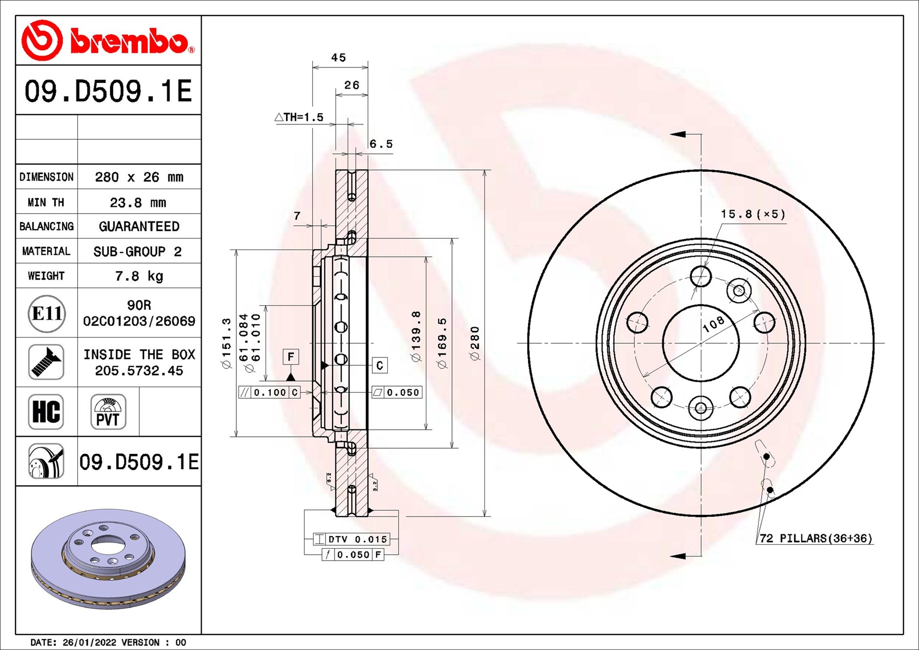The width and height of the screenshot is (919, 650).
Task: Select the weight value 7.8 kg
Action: point(139,276)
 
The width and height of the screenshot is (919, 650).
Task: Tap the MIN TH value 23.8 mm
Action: point(138,202)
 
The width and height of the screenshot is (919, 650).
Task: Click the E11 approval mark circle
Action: point(47,314)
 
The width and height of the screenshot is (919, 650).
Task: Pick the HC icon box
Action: point(46,412)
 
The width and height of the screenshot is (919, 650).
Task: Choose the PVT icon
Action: point(108,412)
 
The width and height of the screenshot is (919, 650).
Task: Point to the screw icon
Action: point(46,362)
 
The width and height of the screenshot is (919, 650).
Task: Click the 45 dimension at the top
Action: point(339,58)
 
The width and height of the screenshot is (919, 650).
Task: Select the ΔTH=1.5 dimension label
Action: point(299,117)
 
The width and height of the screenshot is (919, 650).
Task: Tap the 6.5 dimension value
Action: point(381,144)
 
